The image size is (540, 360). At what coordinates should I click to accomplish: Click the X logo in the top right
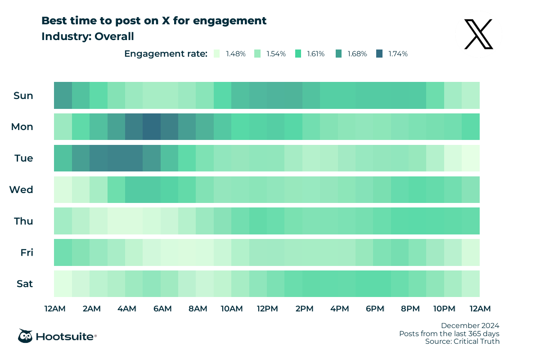click(479, 34)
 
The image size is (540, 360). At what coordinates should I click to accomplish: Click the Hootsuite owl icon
click(25, 336)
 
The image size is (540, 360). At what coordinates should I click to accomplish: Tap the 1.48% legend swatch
click(217, 54)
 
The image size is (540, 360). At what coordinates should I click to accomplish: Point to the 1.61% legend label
click(316, 54)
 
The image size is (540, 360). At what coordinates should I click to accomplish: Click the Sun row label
click(23, 95)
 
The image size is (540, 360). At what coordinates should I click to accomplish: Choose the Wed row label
click(22, 190)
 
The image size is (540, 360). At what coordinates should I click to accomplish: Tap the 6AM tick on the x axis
click(162, 309)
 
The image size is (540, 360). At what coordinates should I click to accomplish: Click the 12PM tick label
click(267, 309)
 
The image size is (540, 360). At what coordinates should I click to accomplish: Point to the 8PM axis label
click(410, 309)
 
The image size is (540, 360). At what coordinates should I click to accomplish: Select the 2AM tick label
click(91, 309)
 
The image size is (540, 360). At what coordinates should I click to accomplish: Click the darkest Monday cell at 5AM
click(152, 127)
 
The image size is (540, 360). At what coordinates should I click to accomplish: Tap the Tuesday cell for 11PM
click(471, 158)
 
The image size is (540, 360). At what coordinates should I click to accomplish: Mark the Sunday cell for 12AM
click(63, 95)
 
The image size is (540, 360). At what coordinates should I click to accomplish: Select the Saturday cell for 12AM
click(63, 284)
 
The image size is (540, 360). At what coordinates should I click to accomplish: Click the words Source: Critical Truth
click(462, 342)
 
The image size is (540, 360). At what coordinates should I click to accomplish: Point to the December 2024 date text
click(470, 325)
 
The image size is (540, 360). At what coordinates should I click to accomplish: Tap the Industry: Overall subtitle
click(88, 36)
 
